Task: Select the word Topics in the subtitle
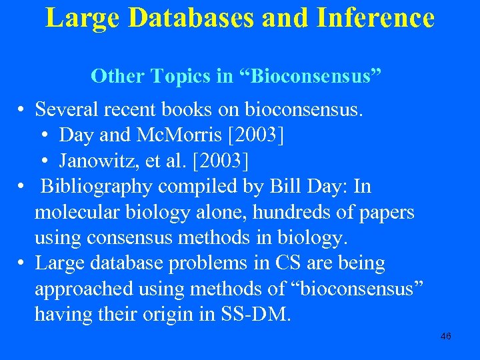point(182,76)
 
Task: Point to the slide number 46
point(446,336)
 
